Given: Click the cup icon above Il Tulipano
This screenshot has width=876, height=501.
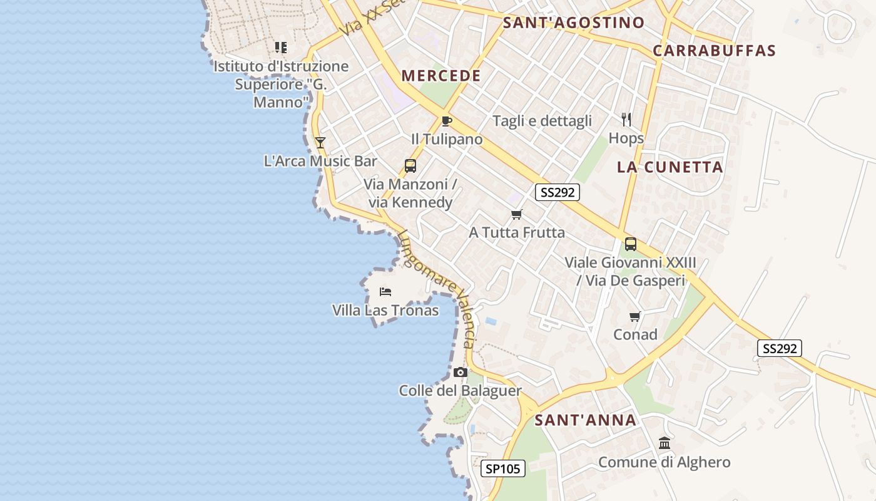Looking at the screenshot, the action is click(446, 121).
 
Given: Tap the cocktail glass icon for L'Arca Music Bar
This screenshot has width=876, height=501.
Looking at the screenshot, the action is click(320, 143).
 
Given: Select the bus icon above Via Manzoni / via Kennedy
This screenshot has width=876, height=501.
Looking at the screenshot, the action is click(410, 166).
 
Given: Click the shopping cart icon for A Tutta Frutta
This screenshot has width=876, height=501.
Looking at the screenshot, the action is click(517, 215).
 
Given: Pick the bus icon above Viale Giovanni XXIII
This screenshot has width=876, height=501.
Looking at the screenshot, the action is click(631, 244).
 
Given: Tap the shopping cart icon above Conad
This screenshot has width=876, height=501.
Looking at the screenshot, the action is click(635, 317).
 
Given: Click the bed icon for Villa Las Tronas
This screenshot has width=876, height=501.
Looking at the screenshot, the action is click(385, 292).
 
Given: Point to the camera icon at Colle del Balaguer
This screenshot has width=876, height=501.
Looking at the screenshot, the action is click(461, 373).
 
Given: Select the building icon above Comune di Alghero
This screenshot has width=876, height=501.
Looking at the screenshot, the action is click(665, 444).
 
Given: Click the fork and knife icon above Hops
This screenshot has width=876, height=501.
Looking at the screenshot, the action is click(626, 119).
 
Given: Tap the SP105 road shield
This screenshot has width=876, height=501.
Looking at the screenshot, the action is click(504, 468).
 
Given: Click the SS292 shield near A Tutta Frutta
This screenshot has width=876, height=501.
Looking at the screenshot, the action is click(557, 192).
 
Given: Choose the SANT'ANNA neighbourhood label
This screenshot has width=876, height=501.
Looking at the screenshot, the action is click(586, 420).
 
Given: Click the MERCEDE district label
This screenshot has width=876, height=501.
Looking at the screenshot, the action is click(441, 76).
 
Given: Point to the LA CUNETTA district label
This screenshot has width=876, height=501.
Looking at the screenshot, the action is click(670, 167).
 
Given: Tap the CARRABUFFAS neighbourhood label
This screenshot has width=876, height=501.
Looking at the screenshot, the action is click(714, 51).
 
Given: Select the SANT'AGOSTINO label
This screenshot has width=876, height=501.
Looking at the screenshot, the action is click(574, 23).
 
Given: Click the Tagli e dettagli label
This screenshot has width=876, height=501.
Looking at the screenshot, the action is click(542, 121).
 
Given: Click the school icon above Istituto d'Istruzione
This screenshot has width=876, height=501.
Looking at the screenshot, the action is click(281, 48).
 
